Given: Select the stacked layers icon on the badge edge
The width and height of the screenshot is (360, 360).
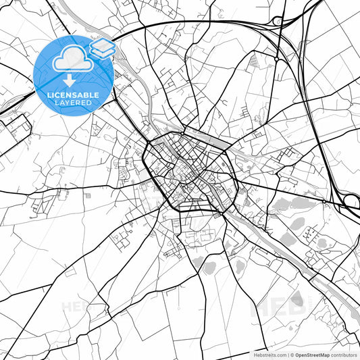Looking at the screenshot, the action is (x=103, y=48).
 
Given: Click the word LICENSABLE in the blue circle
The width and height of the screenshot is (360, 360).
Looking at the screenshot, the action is (x=73, y=95).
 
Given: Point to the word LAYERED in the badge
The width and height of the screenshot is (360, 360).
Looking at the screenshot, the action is (x=73, y=103).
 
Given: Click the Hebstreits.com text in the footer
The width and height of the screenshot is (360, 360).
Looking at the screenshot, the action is (x=268, y=354).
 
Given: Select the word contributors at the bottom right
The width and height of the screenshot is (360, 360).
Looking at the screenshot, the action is (x=344, y=354).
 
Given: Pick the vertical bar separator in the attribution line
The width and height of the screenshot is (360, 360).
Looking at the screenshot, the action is (x=287, y=354).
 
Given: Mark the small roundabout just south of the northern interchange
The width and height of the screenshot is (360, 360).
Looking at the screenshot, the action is (x=276, y=59).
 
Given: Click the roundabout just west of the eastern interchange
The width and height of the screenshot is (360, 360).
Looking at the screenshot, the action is (x=324, y=201).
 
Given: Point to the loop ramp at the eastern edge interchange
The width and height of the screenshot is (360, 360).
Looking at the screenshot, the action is (x=351, y=200).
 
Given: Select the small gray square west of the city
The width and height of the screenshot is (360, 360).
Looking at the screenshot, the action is (x=87, y=195).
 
